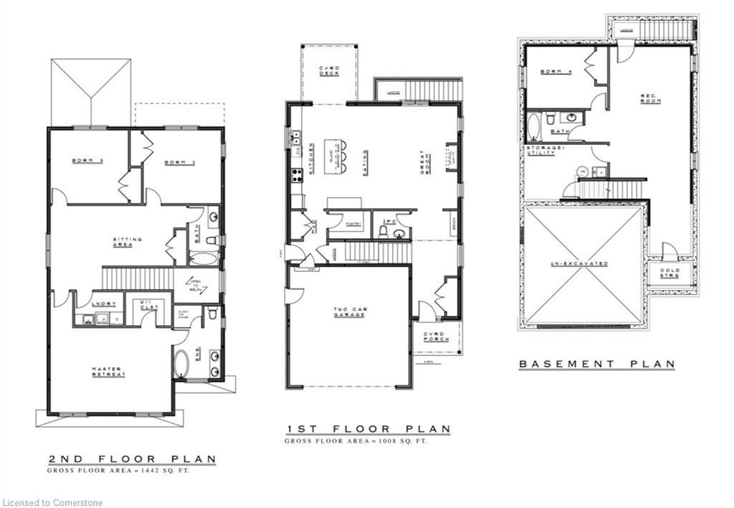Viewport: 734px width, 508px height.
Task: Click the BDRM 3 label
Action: click(x=87, y=161)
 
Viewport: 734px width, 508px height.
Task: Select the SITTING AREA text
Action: click(x=127, y=242)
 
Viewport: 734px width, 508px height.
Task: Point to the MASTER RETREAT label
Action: click(x=108, y=372)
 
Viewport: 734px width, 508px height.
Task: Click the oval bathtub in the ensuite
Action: click(x=181, y=364)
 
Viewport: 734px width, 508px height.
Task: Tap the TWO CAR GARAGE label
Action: click(x=351, y=313)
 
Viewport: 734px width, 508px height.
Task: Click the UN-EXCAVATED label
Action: click(x=580, y=263)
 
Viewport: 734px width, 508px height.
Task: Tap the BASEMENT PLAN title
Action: click(x=596, y=364)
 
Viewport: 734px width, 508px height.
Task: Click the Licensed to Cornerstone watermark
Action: click(x=53, y=502)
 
